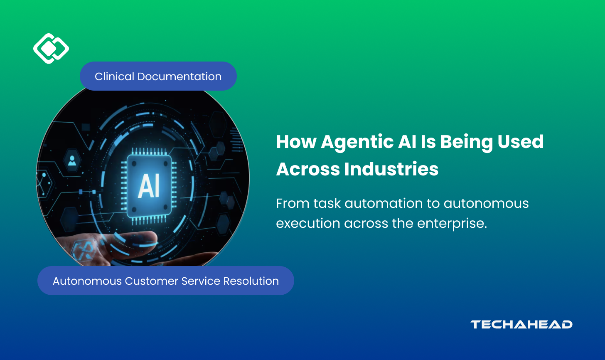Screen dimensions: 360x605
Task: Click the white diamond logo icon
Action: tap(51, 49)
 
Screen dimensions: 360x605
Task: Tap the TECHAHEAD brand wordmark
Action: tap(521, 325)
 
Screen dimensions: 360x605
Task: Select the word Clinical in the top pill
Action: tap(114, 76)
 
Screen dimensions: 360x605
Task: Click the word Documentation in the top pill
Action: tap(180, 76)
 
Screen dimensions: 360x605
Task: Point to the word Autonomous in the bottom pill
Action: tap(87, 281)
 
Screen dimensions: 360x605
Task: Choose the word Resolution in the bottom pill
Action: tap(251, 281)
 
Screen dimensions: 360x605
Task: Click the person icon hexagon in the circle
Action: tap(72, 161)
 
